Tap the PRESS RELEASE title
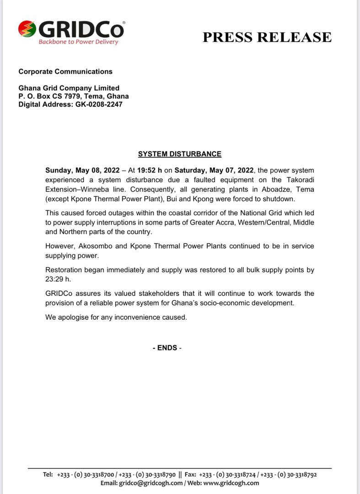[267, 37]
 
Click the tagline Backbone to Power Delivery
[78, 42]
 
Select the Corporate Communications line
[65, 71]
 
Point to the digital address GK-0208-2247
[99, 104]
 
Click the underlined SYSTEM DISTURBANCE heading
[180, 154]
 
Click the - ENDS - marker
[167, 348]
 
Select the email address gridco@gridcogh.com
[151, 483]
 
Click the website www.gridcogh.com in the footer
[231, 483]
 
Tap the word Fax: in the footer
[190, 475]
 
